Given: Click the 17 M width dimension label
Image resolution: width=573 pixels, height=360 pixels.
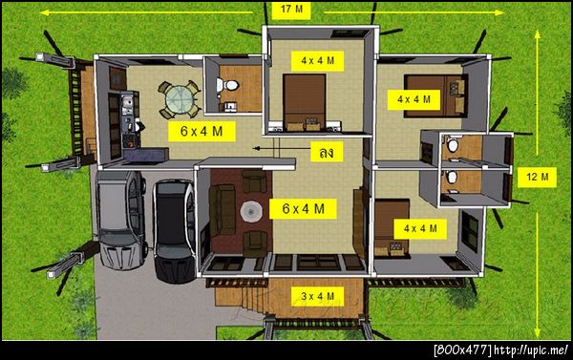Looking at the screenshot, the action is pos(291,10).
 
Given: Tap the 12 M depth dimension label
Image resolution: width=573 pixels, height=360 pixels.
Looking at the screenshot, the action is pos(537,178).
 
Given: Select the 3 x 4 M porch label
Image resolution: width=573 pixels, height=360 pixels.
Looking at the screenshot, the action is pos(317,296).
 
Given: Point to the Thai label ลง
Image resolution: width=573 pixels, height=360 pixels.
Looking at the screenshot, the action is pos(327,152).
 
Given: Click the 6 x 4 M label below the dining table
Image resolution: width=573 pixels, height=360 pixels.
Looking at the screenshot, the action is pos(202,131).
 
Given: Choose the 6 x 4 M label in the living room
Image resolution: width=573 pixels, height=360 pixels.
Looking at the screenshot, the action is pos(303,209).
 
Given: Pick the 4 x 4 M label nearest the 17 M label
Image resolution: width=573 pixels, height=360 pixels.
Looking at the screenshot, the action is pos(317,61).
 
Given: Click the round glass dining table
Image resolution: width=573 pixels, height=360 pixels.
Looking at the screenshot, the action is pos(180,99).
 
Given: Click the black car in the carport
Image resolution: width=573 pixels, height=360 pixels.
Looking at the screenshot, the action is pos(175,229).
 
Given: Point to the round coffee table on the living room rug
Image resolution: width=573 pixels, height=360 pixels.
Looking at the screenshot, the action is pos(251,211).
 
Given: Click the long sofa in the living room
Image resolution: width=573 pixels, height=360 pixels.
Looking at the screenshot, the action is pos(223,209).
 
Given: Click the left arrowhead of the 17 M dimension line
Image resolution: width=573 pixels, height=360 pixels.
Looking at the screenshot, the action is pos(44,12).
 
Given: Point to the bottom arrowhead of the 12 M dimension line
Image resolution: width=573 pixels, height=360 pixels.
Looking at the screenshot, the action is pos(537,332).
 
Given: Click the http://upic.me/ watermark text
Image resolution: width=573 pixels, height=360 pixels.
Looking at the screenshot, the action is pos(532,350).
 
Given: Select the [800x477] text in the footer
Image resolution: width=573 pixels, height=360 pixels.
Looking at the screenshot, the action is pos(462,350).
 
